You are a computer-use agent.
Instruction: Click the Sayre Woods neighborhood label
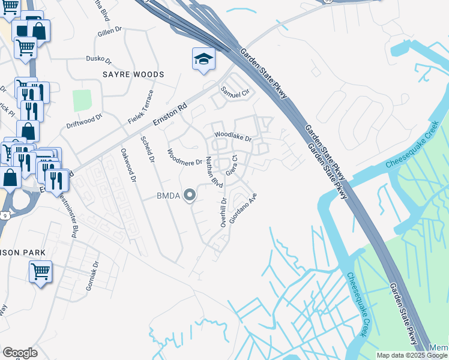tap(133, 74)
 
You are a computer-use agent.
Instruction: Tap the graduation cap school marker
tap(203, 59)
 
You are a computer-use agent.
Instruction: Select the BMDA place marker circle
tap(190, 194)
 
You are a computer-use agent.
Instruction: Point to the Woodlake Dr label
tap(232, 136)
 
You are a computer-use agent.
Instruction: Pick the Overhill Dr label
tap(223, 212)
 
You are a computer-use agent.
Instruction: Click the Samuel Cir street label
tap(234, 93)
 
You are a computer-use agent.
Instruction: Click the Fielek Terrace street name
tap(141, 107)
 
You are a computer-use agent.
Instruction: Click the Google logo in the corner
tap(19, 352)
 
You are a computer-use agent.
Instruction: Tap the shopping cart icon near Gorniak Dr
tap(40, 271)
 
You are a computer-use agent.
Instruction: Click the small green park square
tap(82, 101)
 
